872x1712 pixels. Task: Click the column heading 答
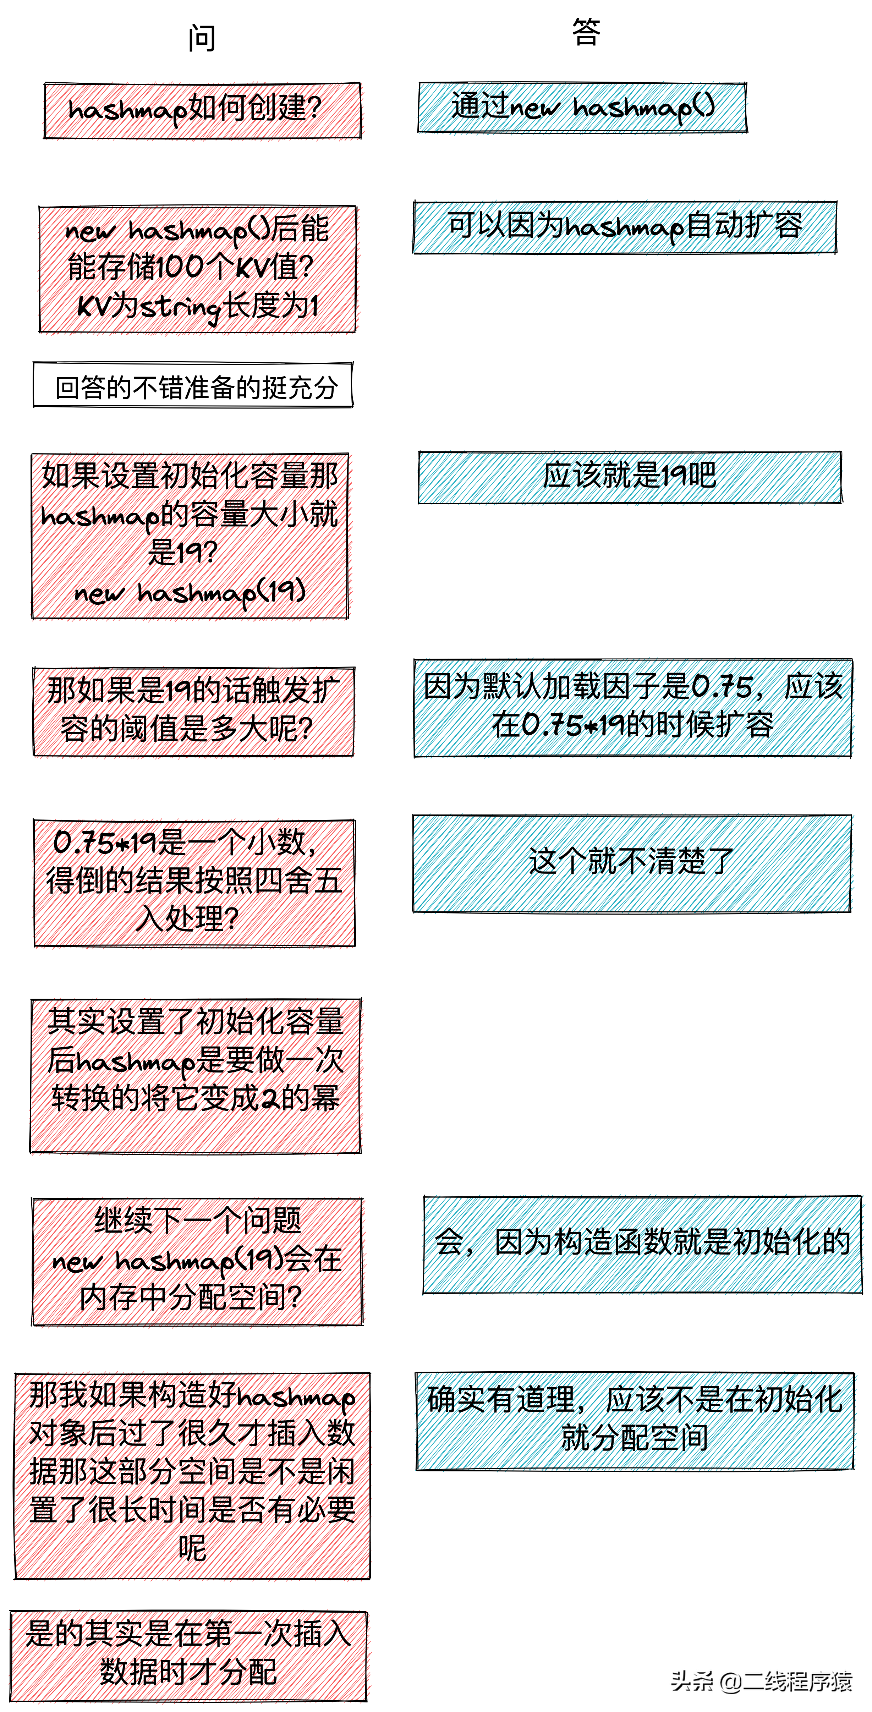(586, 32)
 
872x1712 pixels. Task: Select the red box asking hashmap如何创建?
(203, 110)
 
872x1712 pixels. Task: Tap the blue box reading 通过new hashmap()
(582, 107)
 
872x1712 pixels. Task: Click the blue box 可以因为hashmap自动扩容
(625, 227)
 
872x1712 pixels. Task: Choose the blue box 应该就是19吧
(629, 477)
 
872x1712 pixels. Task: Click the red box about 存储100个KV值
(197, 269)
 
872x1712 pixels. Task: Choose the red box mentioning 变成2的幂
(196, 1075)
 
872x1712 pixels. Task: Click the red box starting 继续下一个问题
(197, 1261)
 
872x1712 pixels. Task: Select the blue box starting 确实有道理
(635, 1420)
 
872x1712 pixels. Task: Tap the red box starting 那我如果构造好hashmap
(192, 1475)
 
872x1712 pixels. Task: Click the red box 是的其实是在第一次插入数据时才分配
(188, 1655)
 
